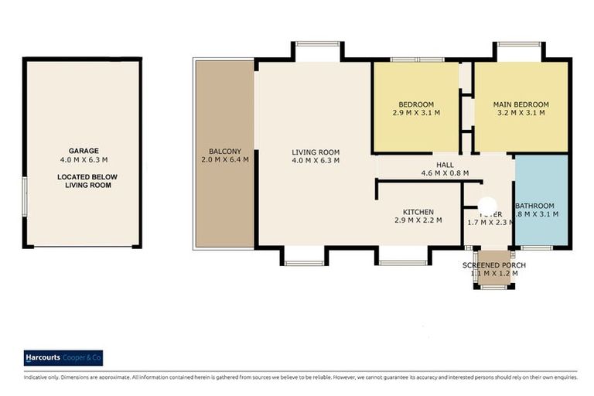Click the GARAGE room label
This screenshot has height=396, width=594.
84,151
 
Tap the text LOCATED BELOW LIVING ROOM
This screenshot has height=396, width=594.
84,181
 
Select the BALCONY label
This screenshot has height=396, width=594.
225,152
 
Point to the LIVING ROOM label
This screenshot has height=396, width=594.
316,152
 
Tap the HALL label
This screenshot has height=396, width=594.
445,165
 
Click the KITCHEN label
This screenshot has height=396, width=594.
418,212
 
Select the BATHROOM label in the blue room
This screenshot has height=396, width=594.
542,204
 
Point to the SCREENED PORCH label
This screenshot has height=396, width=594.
494,265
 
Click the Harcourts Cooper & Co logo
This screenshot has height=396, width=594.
63,358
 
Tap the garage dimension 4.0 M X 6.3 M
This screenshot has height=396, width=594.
84,160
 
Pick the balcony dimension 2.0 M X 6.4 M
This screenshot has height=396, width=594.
225,161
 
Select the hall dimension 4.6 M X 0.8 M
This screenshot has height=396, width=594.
445,174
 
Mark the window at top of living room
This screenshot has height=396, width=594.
318,43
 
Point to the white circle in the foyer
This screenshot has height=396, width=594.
487,205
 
